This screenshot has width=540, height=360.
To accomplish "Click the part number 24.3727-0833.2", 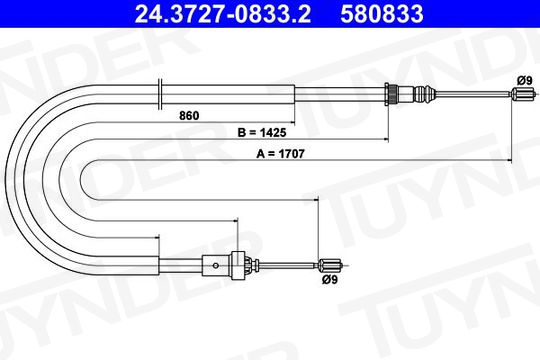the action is pyautogui.click(x=222, y=14).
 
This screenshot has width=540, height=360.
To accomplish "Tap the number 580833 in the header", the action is pyautogui.click(x=382, y=14).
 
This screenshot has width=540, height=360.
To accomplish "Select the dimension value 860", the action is pyautogui.click(x=189, y=116).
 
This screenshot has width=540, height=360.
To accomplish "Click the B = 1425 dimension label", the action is pyautogui.click(x=262, y=132).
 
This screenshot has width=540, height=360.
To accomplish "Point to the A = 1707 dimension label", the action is pyautogui.click(x=280, y=154).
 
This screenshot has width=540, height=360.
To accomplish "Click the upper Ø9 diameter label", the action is pyautogui.click(x=525, y=81).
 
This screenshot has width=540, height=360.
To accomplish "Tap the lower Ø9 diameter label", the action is pyautogui.click(x=330, y=280).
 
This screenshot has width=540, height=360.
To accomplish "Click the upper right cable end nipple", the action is pyautogui.click(x=523, y=93).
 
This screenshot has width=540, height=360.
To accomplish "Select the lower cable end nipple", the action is pyautogui.click(x=330, y=265).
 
